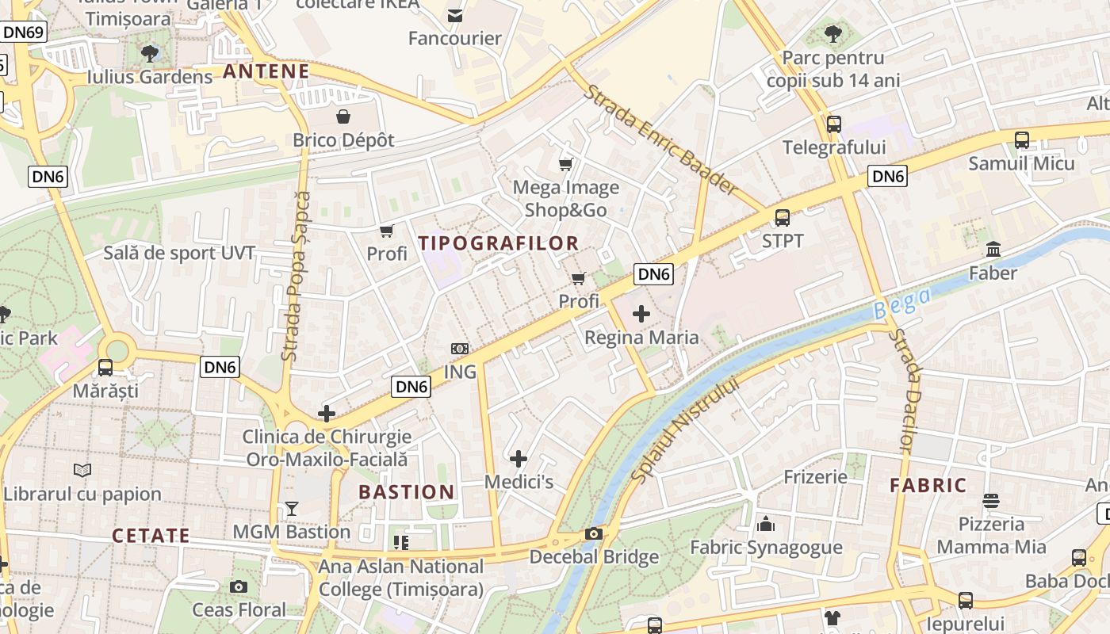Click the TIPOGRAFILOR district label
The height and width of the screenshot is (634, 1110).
[499, 243]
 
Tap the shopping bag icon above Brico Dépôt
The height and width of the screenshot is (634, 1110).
[343, 117]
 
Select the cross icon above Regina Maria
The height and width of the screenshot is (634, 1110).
[641, 315]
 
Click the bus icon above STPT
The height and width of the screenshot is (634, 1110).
[783, 217]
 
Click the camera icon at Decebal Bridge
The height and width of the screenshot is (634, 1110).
[594, 534]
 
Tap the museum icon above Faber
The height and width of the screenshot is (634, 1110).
[993, 250]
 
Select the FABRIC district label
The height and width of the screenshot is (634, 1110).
[928, 485]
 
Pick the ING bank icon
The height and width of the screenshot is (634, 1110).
[460, 349]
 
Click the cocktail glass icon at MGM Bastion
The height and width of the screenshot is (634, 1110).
[292, 509]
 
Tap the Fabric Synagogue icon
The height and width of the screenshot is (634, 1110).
[766, 524]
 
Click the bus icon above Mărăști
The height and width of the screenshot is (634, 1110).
[105, 368]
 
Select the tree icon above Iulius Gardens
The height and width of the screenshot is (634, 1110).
[149, 54]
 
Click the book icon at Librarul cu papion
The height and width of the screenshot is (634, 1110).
[82, 470]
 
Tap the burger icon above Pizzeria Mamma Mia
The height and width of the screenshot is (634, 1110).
[991, 501]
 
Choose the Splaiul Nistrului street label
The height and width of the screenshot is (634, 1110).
[686, 429]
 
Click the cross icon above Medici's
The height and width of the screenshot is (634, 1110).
[519, 459]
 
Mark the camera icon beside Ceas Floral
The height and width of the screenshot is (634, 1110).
[239, 587]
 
